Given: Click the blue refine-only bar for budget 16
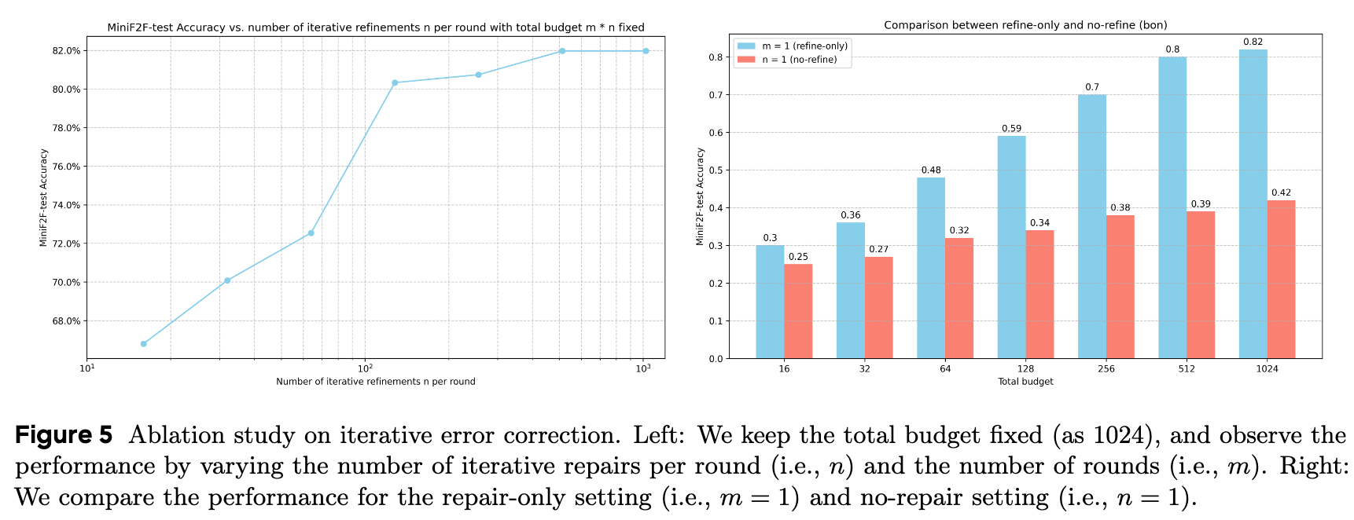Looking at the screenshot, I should click(770, 302).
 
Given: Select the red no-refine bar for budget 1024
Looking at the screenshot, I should click(1281, 280).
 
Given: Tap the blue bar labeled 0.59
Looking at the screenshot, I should click(1011, 247).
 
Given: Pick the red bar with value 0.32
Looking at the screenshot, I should click(958, 298).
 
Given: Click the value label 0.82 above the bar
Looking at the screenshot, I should click(1253, 42).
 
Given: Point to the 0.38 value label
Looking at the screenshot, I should click(1120, 208).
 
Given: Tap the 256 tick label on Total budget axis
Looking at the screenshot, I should click(1106, 369).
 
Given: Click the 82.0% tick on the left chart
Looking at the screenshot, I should click(66, 51).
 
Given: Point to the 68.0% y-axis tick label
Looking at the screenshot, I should click(66, 321).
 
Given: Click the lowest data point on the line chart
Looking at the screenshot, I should click(143, 343).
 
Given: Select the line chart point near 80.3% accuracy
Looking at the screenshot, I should click(395, 82).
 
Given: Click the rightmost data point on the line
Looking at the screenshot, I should click(646, 51).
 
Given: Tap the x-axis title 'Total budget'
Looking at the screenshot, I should click(1025, 382).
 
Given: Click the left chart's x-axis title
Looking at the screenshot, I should click(375, 382).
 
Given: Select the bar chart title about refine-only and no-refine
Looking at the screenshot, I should click(1025, 25).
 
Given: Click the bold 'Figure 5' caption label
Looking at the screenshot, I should click(64, 434).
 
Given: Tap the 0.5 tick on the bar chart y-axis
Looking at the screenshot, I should click(716, 170).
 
